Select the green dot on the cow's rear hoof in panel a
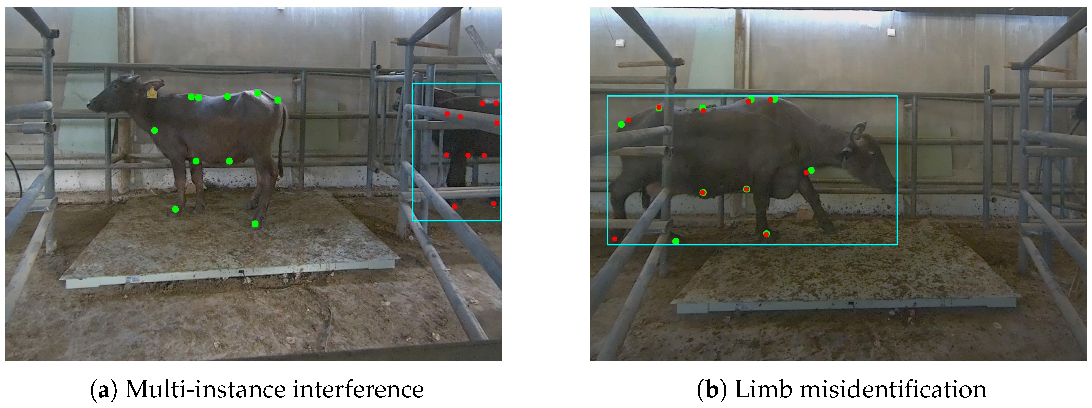tap(255, 224)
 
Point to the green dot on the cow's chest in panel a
tap(155, 130)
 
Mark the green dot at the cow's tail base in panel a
tap(277, 100)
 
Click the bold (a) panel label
tap(104, 390)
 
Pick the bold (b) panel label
tap(712, 390)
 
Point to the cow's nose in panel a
tap(89, 104)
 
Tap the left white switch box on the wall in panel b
tap(621, 42)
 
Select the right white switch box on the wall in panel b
tap(892, 31)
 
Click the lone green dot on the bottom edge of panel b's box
tap(676, 241)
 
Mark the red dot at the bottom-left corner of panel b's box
tap(615, 239)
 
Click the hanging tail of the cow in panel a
tap(282, 140)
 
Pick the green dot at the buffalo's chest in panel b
tap(811, 170)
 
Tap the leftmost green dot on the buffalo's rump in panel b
tap(621, 124)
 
